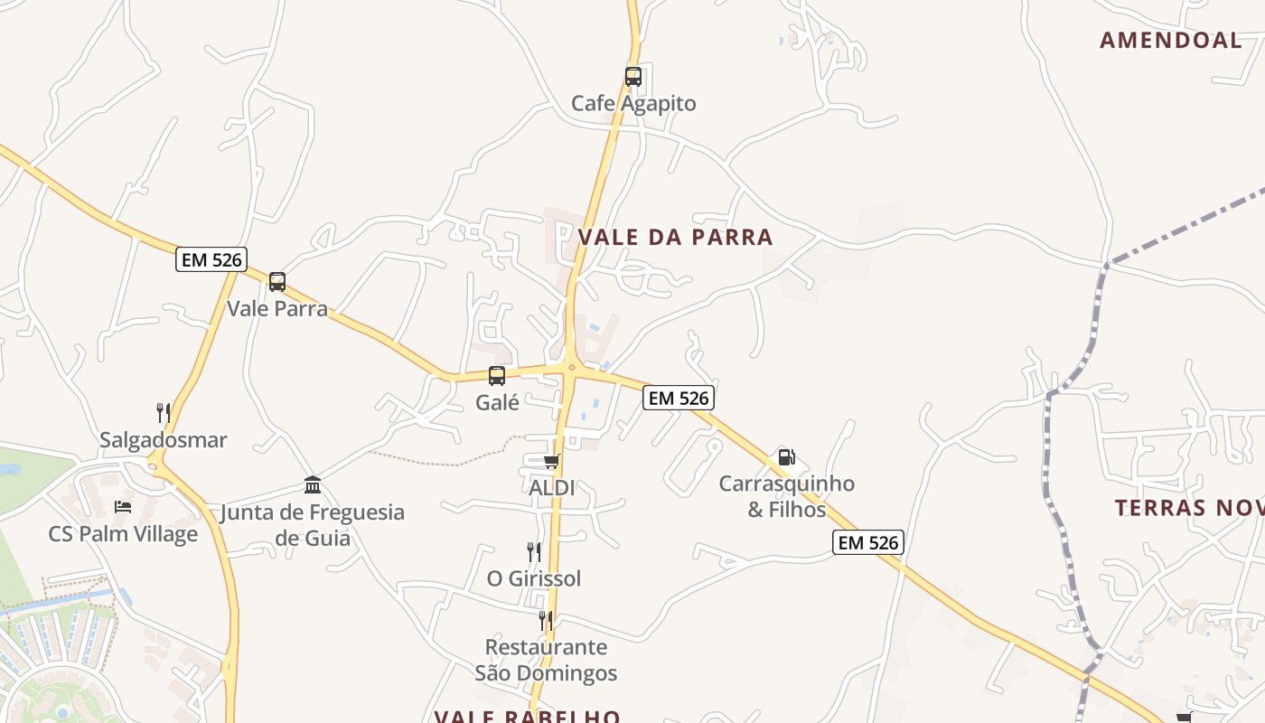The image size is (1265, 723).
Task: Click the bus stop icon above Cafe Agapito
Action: (633, 77)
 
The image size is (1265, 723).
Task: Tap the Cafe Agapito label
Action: (633, 103)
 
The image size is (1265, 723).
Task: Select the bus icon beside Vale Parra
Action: (277, 282)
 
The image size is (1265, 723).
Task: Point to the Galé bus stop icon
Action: (497, 376)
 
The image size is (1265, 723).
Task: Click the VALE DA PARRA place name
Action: (675, 238)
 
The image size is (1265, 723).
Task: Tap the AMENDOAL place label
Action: (1171, 40)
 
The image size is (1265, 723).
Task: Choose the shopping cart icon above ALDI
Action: (551, 462)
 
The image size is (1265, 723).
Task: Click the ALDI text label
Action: (551, 488)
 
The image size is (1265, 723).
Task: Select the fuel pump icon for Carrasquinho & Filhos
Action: (787, 457)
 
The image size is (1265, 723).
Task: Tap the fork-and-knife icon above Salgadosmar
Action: (164, 413)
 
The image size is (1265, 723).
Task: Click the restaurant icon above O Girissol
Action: (534, 551)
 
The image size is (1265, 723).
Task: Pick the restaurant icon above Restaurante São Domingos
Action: (546, 620)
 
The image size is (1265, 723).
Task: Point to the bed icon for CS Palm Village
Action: (123, 507)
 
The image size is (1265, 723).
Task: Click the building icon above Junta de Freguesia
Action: (313, 485)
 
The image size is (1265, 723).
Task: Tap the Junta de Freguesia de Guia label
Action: (313, 525)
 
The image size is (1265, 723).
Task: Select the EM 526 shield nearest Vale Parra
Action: (211, 260)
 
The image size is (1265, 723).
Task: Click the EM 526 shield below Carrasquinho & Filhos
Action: (867, 542)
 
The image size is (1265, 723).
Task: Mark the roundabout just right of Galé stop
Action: (571, 367)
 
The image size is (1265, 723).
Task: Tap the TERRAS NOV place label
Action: (1188, 508)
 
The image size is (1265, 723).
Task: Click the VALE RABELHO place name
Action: (527, 717)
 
